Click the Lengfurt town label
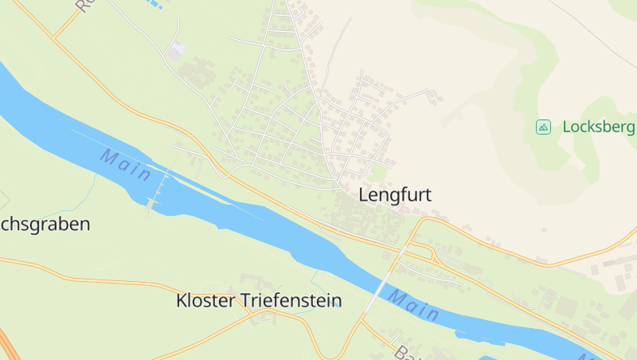(x=399, y=194)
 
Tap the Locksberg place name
(x=598, y=127)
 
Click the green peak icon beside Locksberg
(x=543, y=127)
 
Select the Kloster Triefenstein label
(x=258, y=301)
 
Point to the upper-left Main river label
(x=125, y=165)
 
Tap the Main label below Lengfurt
(x=413, y=305)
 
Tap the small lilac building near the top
(x=176, y=51)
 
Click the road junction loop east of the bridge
(x=426, y=253)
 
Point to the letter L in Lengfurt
(x=365, y=194)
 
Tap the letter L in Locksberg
(x=567, y=127)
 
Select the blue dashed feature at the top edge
(x=154, y=3)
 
